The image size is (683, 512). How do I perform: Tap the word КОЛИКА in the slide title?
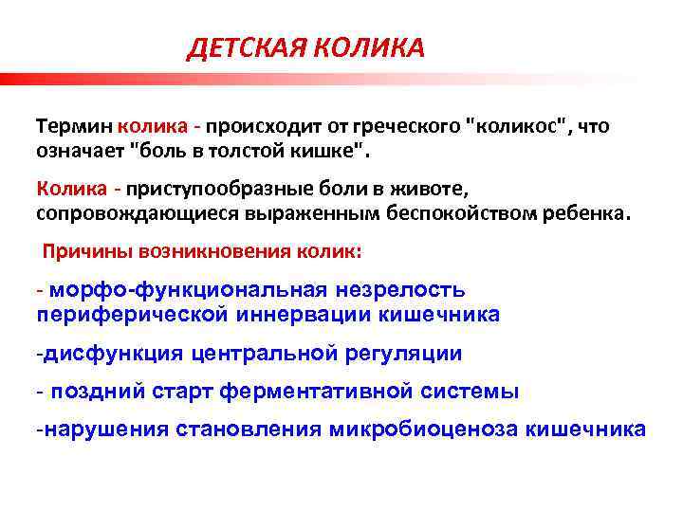[371, 48]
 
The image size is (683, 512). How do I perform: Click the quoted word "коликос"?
[513, 125]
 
